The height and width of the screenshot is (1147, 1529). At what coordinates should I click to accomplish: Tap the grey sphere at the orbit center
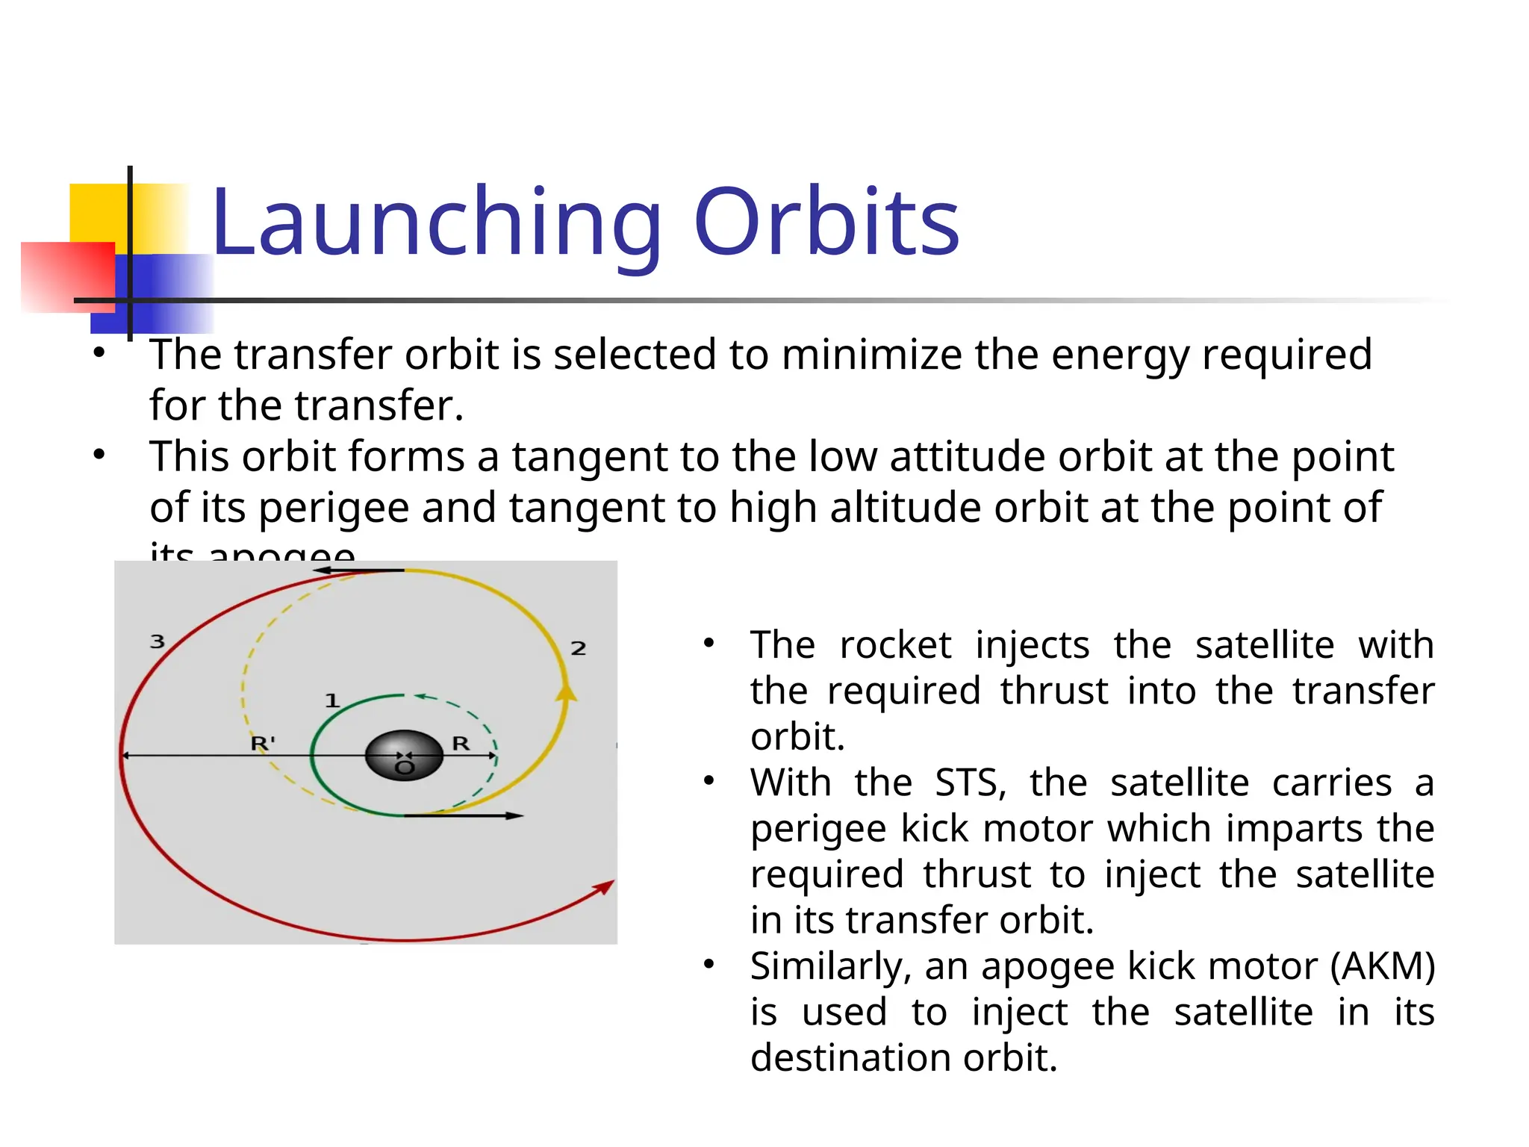pos(404,755)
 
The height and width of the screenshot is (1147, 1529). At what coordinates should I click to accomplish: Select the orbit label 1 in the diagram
pos(332,700)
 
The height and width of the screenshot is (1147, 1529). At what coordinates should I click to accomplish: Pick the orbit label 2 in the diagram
pos(578,648)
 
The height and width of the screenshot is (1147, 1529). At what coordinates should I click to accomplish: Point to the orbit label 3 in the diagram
pos(158,641)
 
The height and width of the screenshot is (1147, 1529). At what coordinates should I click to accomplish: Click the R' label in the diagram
pos(263,743)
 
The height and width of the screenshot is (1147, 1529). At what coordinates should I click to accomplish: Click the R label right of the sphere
pos(461,743)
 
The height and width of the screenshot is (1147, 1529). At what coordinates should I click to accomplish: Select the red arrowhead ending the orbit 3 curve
pos(604,887)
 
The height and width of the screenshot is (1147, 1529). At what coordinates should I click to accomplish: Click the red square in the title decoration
pos(67,276)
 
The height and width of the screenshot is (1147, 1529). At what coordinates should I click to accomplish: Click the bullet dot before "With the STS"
pos(709,781)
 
